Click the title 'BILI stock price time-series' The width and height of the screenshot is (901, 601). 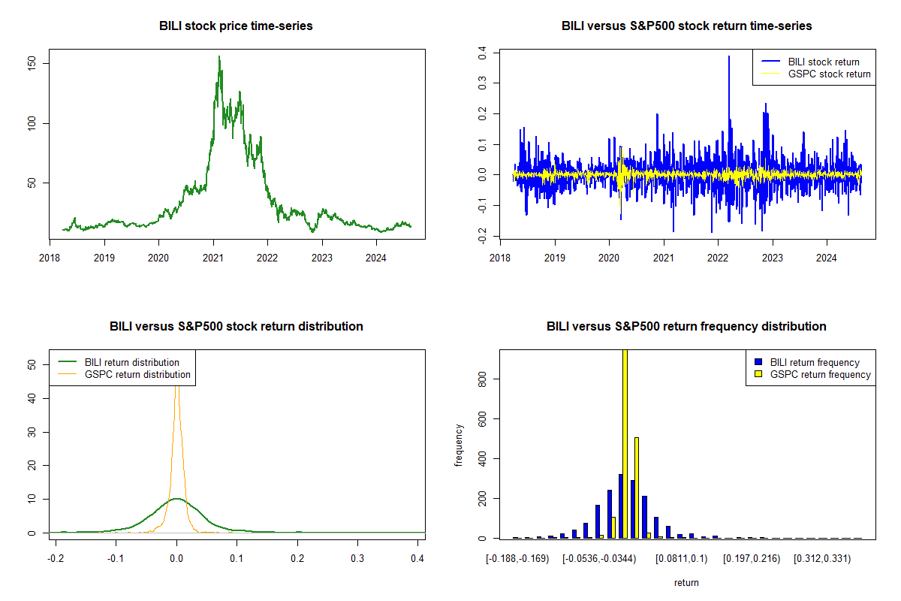[236, 26]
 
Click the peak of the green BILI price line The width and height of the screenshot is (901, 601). [219, 56]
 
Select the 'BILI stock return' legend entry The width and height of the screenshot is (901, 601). [824, 62]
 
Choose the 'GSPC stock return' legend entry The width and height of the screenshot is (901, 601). [829, 74]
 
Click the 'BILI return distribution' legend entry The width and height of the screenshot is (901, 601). [131, 362]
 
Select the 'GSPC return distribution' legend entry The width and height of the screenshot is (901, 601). [137, 374]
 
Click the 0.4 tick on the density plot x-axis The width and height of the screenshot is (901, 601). [418, 559]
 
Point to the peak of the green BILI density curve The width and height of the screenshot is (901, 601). [176, 498]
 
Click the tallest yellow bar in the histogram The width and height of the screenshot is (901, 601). [625, 443]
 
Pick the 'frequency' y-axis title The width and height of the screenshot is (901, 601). [459, 445]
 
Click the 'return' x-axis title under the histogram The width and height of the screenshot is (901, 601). [686, 582]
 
